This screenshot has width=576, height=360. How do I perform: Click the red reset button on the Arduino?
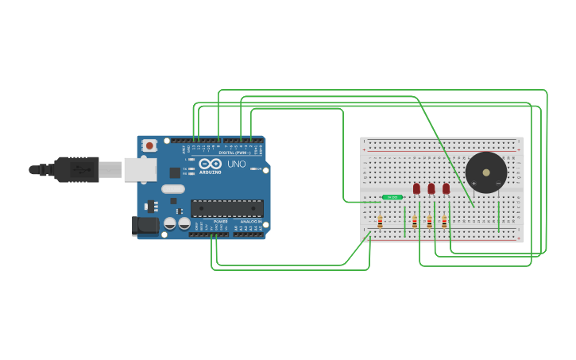[x=149, y=146]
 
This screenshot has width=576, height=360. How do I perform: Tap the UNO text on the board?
[x=236, y=164]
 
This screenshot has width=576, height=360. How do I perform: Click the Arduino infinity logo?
[x=211, y=164]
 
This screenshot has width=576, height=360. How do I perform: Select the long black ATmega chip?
[x=226, y=208]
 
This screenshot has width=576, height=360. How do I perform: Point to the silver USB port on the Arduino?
[x=140, y=168]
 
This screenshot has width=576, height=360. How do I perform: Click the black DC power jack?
[x=146, y=225]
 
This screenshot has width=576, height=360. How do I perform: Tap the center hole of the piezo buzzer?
[x=485, y=172]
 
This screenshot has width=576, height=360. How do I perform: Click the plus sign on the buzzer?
[x=474, y=184]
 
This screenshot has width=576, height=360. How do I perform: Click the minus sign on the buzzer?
[x=498, y=184]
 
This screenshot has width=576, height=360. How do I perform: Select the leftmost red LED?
[x=416, y=188]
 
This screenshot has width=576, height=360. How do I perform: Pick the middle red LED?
[x=431, y=188]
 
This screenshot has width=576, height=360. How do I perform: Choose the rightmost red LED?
[x=446, y=188]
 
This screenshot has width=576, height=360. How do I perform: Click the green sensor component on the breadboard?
[x=392, y=197]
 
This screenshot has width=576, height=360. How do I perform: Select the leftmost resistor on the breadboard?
[x=380, y=222]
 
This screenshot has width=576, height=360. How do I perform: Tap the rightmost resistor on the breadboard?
[x=444, y=222]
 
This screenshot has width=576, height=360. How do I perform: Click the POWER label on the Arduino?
[x=220, y=222]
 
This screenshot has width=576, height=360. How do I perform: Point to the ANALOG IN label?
[x=250, y=222]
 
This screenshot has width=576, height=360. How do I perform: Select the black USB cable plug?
[x=75, y=169]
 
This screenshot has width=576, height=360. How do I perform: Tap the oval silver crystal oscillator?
[x=172, y=189]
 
